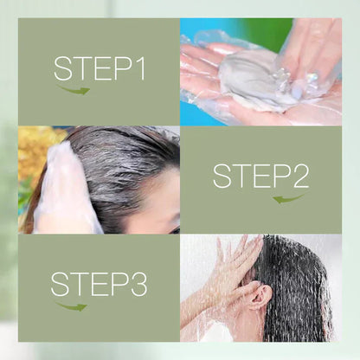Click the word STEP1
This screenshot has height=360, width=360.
pyautogui.click(x=99, y=68)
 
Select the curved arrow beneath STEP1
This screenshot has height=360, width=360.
pyautogui.click(x=74, y=88)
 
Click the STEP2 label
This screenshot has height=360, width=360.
pyautogui.click(x=260, y=176)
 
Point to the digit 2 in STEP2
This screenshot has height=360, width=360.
pyautogui.click(x=299, y=176)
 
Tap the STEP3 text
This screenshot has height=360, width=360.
pyautogui.click(x=99, y=284)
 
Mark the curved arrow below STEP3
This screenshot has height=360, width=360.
pyautogui.click(x=72, y=305)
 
